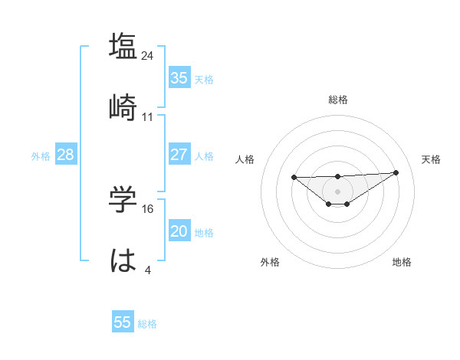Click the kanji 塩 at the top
[123, 46]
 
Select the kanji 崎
[123, 107]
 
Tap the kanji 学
[123, 198]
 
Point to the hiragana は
[123, 261]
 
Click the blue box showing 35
[179, 78]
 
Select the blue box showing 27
[179, 155]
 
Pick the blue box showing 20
[179, 231]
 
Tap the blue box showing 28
[65, 155]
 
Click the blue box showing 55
[123, 322]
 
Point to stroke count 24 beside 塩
[148, 56]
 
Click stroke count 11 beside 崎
[148, 117]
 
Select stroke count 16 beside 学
[148, 208]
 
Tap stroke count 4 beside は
[148, 270]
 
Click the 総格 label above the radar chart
[337, 100]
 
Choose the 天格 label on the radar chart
[431, 159]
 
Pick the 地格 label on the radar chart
[402, 262]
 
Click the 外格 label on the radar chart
[270, 262]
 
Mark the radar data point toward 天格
[396, 172]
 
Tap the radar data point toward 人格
[294, 177]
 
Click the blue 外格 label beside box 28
[41, 155]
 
